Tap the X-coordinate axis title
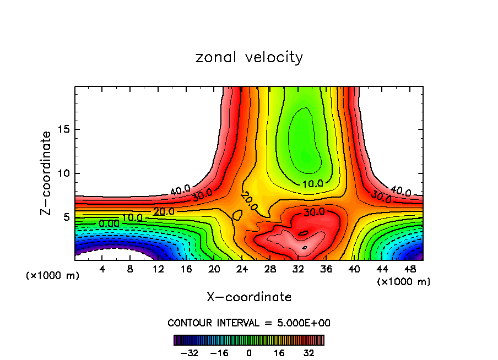[249, 297]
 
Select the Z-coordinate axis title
[46, 173]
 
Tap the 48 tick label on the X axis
[410, 269]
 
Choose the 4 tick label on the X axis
[102, 269]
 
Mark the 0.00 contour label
[109, 224]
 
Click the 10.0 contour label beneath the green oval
[313, 184]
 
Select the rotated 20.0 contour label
[249, 202]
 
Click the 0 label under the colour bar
[249, 353]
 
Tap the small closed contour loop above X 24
[237, 215]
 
